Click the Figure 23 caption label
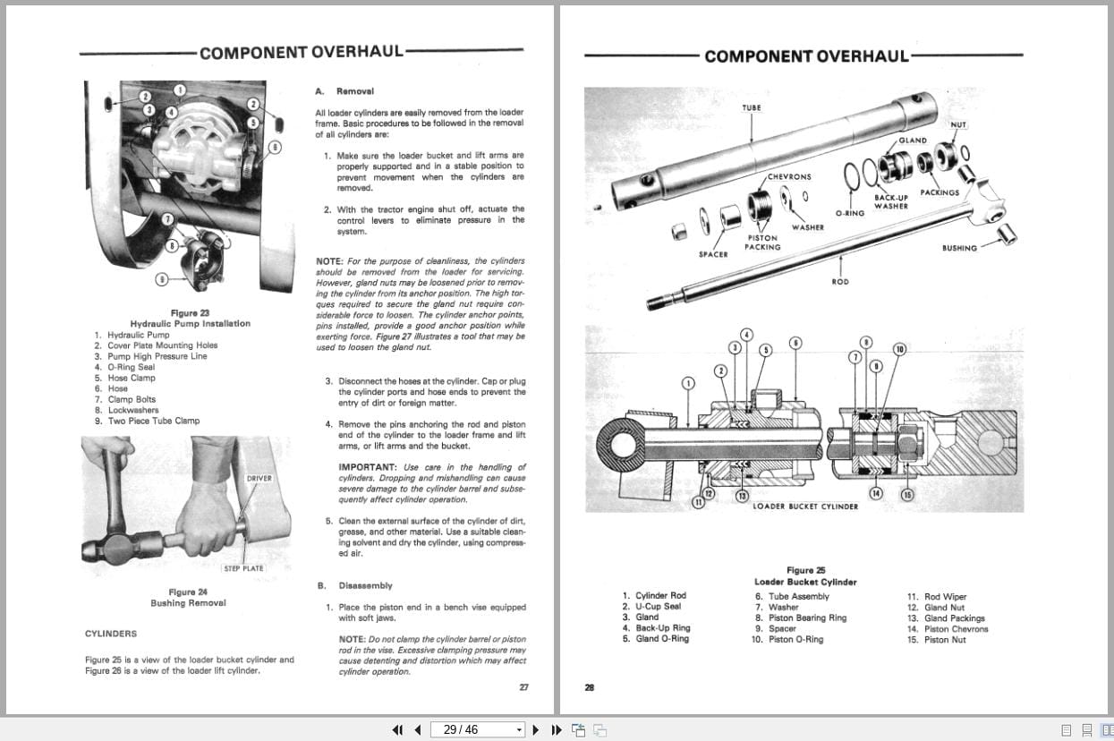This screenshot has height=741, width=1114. coord(190,313)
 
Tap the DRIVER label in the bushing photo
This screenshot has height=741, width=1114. coord(259,479)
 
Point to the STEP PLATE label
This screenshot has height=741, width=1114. coord(243,568)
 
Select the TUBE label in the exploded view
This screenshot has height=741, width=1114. coord(752,108)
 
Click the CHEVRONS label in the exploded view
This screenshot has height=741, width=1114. coord(789,177)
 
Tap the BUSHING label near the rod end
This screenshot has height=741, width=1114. coord(959,248)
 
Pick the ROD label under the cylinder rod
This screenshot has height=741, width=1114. coord(839,282)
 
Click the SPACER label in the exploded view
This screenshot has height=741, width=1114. coord(713,254)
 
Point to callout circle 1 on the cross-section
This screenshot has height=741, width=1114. coord(688,383)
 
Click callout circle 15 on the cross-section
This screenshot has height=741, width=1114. coord(907,495)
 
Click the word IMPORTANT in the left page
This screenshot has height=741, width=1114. coord(367,467)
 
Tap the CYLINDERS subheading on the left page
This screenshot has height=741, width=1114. coord(111,634)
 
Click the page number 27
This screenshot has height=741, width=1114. coord(523,687)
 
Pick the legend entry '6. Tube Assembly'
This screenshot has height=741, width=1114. coord(792,597)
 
